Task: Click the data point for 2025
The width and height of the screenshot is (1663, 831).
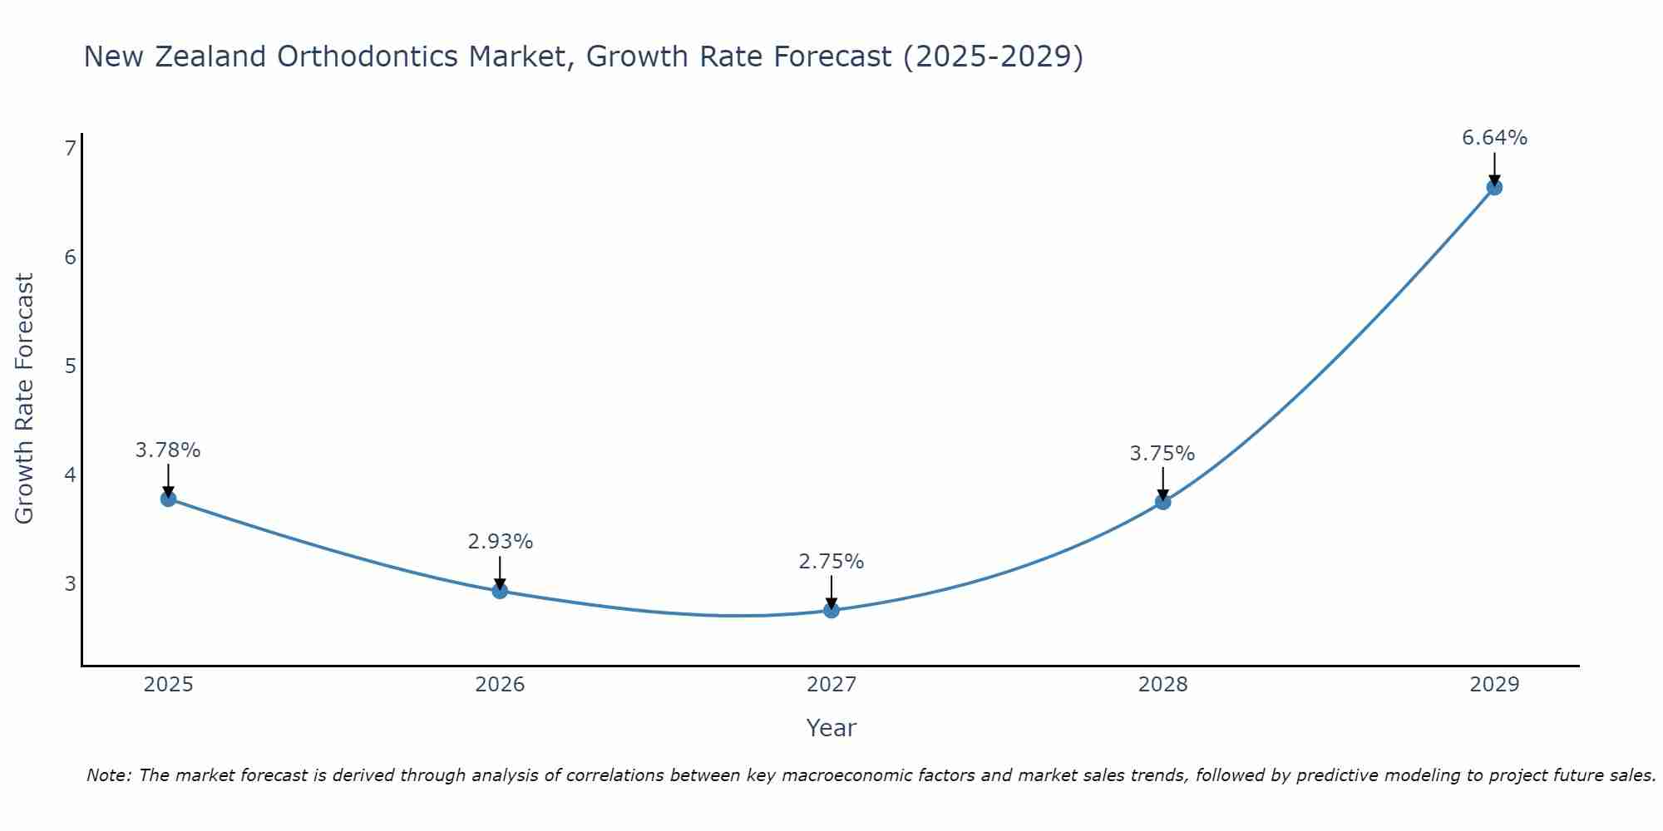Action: (168, 499)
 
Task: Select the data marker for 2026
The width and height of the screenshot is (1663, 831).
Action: (500, 591)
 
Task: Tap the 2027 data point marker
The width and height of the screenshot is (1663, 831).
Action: (831, 611)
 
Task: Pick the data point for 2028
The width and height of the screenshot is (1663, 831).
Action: (1162, 502)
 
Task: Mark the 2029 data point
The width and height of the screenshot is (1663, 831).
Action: (1494, 187)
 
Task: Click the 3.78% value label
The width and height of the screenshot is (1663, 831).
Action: (168, 450)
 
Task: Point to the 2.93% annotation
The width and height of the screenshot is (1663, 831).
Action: (500, 542)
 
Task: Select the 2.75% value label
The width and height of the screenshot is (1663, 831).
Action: (831, 562)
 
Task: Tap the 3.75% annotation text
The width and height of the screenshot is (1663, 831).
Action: (1162, 454)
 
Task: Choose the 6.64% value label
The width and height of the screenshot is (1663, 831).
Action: (1494, 138)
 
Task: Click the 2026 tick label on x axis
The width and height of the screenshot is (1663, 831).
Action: (500, 685)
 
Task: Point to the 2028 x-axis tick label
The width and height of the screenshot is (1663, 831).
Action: (1162, 685)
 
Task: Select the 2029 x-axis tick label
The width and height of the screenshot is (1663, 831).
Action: (1494, 685)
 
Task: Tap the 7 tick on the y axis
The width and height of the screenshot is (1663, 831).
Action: (70, 148)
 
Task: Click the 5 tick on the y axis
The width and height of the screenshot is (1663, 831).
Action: (70, 366)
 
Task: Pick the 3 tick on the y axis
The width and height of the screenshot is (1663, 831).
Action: (70, 583)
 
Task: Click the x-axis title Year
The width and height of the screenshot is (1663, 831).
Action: (831, 728)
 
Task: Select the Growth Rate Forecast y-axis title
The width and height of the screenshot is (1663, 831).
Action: (25, 399)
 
